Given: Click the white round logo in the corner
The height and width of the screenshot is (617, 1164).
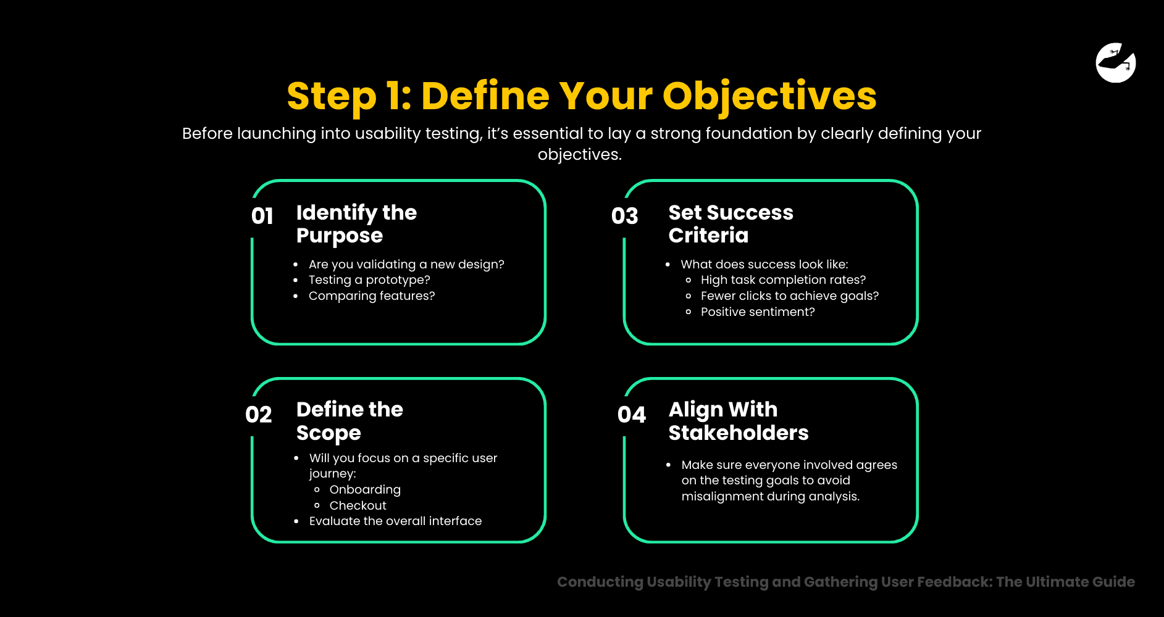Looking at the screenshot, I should pyautogui.click(x=1115, y=62).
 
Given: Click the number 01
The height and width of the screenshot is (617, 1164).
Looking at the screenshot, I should pyautogui.click(x=262, y=216).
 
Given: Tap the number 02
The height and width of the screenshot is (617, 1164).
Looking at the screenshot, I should pyautogui.click(x=258, y=415).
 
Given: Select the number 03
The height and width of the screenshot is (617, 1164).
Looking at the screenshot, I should pyautogui.click(x=624, y=216).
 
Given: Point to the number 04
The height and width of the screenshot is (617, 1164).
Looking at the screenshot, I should pyautogui.click(x=631, y=415).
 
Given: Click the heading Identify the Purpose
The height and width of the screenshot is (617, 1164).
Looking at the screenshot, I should pyautogui.click(x=356, y=224).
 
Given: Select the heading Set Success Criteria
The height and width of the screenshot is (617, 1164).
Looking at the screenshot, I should pyautogui.click(x=731, y=224).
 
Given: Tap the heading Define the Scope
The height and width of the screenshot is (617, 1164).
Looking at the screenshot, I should pyautogui.click(x=350, y=421).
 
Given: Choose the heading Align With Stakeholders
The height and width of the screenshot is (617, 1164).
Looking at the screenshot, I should pyautogui.click(x=738, y=421).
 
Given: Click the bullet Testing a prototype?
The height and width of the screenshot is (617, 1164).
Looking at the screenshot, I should pyautogui.click(x=369, y=280).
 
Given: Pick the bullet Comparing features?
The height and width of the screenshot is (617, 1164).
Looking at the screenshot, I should pyautogui.click(x=372, y=296).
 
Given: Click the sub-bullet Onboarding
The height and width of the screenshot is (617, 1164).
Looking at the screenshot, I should pyautogui.click(x=365, y=490).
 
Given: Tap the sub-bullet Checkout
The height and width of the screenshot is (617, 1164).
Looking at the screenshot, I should pyautogui.click(x=358, y=506).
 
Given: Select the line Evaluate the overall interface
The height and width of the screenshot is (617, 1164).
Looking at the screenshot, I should pyautogui.click(x=395, y=521).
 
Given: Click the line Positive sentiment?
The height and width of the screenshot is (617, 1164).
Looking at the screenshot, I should pyautogui.click(x=758, y=312).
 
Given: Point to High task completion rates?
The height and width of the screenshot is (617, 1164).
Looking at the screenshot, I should pyautogui.click(x=783, y=280).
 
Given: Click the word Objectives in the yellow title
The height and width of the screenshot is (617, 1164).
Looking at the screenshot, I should pyautogui.click(x=769, y=97).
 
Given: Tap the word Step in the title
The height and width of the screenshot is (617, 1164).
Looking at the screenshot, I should pyautogui.click(x=332, y=97).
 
